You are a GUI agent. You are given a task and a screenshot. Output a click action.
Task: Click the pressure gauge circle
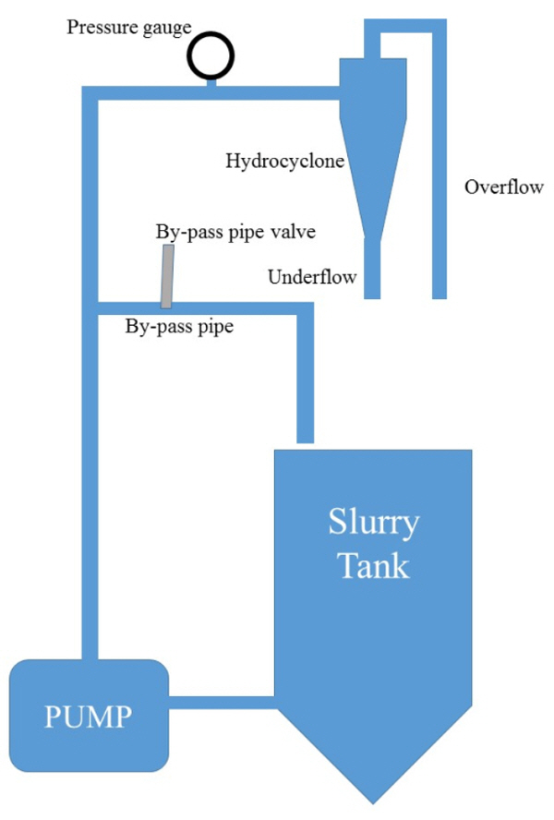[x=211, y=56]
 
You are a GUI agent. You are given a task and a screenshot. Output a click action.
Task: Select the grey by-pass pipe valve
[x=166, y=278]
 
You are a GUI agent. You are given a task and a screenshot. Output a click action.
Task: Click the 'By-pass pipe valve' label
[x=235, y=232]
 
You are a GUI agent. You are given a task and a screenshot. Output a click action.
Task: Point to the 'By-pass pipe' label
[x=179, y=325]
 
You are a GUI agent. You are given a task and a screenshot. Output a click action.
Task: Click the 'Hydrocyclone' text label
[x=284, y=162]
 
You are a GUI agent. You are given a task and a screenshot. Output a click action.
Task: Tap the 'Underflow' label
[x=312, y=276]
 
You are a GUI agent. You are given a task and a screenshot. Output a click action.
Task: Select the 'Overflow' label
[x=504, y=187]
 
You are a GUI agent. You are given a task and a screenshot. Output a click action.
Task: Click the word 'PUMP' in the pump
[x=89, y=716]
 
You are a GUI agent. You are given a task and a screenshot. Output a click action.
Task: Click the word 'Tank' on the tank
[x=373, y=564]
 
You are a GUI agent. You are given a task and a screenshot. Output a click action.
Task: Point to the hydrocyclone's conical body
[x=371, y=175]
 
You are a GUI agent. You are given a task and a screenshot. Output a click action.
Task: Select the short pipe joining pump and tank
[x=222, y=703]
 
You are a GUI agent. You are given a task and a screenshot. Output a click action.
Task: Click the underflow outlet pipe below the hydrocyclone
[x=372, y=268]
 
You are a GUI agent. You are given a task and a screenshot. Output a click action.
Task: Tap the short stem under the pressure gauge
[x=211, y=84]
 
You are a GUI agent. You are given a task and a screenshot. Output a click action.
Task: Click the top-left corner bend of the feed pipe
[x=90, y=93]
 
